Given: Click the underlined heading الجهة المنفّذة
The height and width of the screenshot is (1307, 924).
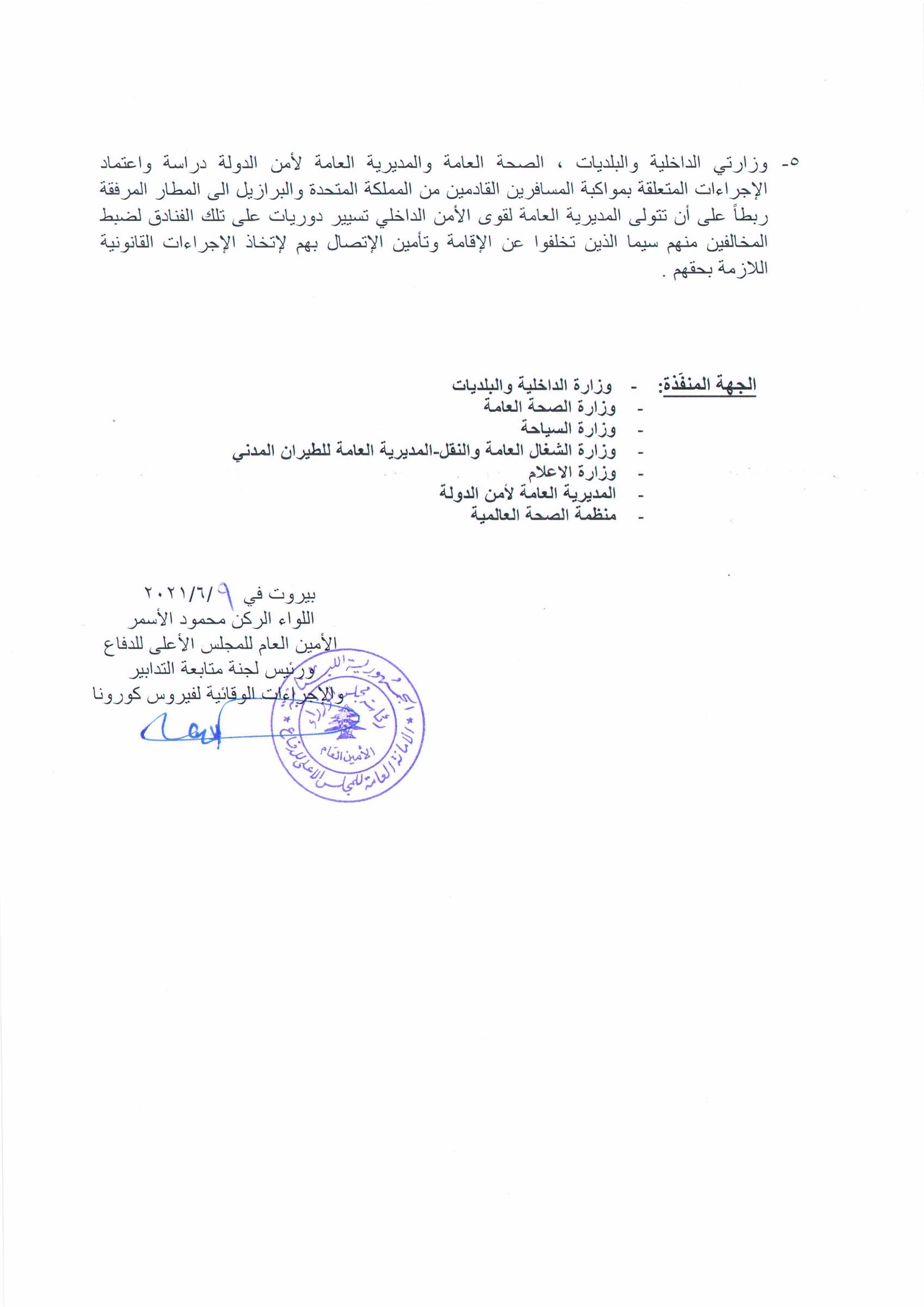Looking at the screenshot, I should (x=707, y=385).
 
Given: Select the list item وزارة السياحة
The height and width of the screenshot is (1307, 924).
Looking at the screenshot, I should (x=569, y=427).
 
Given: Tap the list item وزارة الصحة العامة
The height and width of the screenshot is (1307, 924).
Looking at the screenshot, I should (x=549, y=406).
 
